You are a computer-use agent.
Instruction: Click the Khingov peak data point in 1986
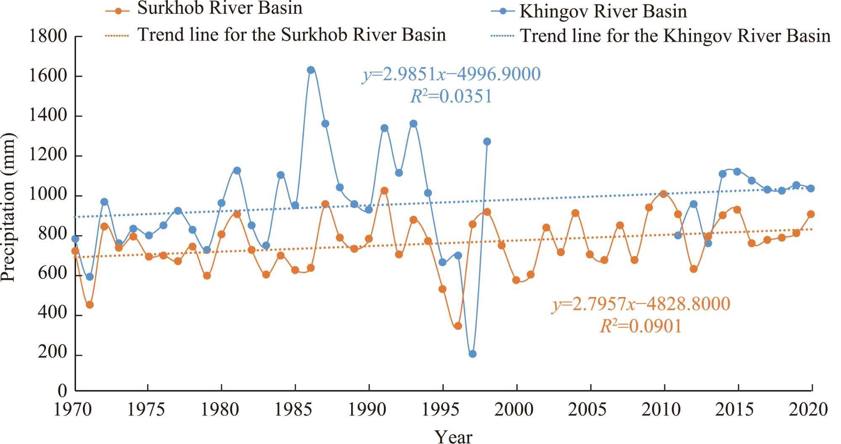coord(311,70)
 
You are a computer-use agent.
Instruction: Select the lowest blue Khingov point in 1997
coord(473,354)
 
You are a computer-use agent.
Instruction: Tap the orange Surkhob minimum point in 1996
coord(458,326)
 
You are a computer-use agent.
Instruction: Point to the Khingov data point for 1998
coord(487,141)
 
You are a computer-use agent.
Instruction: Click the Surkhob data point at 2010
coord(664,194)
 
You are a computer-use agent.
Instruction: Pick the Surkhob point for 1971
coord(90,305)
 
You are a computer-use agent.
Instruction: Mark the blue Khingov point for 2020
coord(811,189)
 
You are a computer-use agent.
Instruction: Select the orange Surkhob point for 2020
coord(811,214)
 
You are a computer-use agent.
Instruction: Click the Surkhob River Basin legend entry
coord(204,9)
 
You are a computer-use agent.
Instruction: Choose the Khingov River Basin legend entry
coord(589,11)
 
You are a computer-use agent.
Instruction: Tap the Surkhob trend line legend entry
coord(275,35)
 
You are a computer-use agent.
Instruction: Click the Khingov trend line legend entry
coord(661,36)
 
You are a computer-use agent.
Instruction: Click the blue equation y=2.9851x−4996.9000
coord(452,74)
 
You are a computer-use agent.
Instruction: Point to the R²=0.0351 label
coord(451,97)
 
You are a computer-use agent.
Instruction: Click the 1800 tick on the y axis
coord(48,37)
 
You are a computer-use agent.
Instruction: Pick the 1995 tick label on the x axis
coord(442,410)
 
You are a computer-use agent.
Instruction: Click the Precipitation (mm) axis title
coord(8,207)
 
